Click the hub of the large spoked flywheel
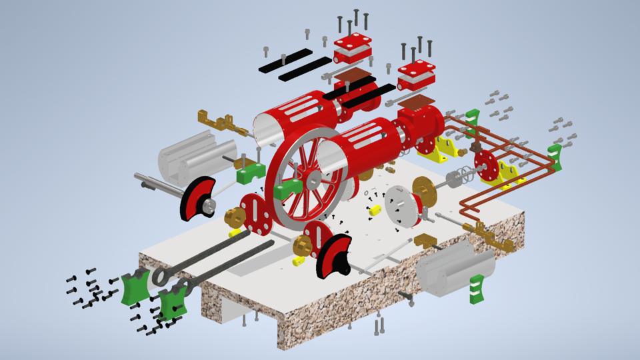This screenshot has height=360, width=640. tap(312, 178)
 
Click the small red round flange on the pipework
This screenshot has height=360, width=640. tap(485, 164)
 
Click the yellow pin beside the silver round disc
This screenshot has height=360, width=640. tap(375, 211)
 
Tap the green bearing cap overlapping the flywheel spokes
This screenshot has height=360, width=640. tap(289, 189)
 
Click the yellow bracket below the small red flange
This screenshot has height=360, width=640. tap(509, 175)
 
